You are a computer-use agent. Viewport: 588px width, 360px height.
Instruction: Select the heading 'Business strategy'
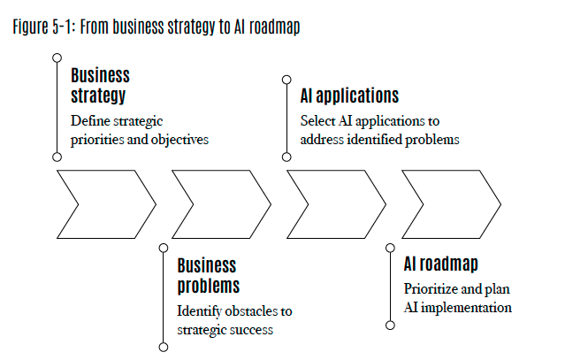point(100,85)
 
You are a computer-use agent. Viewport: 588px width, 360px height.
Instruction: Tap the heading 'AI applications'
point(349,96)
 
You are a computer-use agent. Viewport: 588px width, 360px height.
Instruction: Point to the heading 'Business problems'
point(208,275)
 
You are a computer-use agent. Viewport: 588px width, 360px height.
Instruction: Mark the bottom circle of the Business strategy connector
point(57,157)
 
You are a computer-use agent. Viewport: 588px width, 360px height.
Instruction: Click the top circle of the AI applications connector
point(286,79)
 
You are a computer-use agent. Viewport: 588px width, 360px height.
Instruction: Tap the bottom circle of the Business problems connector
point(163,347)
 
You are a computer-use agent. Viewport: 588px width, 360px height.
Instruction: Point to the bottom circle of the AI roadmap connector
point(390,326)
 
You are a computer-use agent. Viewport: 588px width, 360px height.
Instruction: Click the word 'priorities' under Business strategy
point(93,140)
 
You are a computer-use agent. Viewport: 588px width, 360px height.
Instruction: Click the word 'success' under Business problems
point(252,330)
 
